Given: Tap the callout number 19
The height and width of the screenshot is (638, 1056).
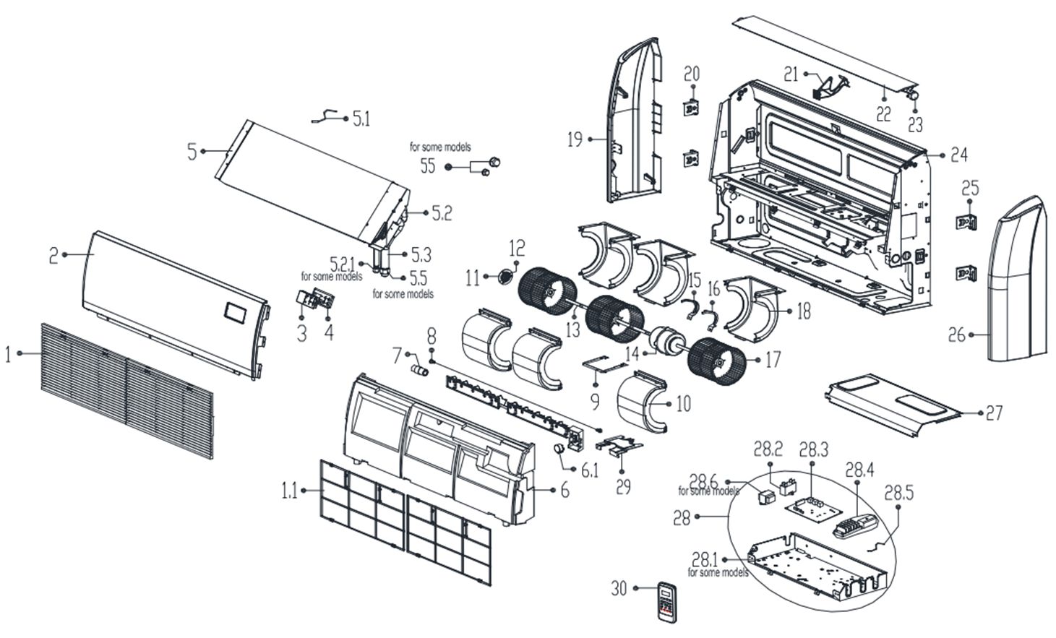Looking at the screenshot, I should click(x=575, y=139).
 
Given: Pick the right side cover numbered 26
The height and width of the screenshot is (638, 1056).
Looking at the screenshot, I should click(x=1018, y=282).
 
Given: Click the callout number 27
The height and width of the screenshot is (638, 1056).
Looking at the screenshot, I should click(x=995, y=413).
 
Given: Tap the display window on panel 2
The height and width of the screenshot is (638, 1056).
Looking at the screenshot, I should click(x=236, y=312).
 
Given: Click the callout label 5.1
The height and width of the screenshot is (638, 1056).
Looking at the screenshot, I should click(x=361, y=118).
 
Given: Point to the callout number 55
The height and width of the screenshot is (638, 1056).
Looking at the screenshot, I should click(x=428, y=165).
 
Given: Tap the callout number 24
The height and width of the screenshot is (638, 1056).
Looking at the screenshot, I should click(x=959, y=154).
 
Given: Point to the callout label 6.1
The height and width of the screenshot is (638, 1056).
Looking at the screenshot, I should click(x=590, y=471).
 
